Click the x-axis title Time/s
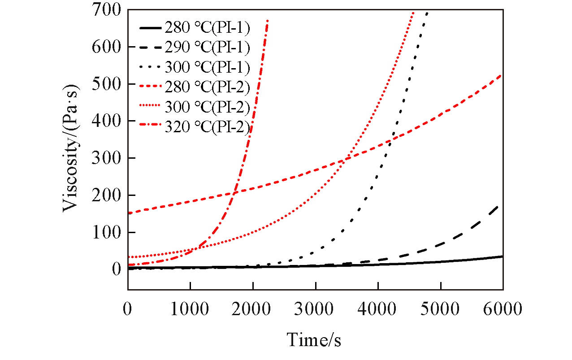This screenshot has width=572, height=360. [314, 339]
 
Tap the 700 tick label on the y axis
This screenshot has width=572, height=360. [106, 9]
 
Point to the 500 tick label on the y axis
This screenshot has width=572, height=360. [106, 84]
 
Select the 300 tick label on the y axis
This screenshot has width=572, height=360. [106, 158]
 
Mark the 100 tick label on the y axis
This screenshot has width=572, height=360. [106, 232]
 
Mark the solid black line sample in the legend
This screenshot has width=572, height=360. [150, 28]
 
